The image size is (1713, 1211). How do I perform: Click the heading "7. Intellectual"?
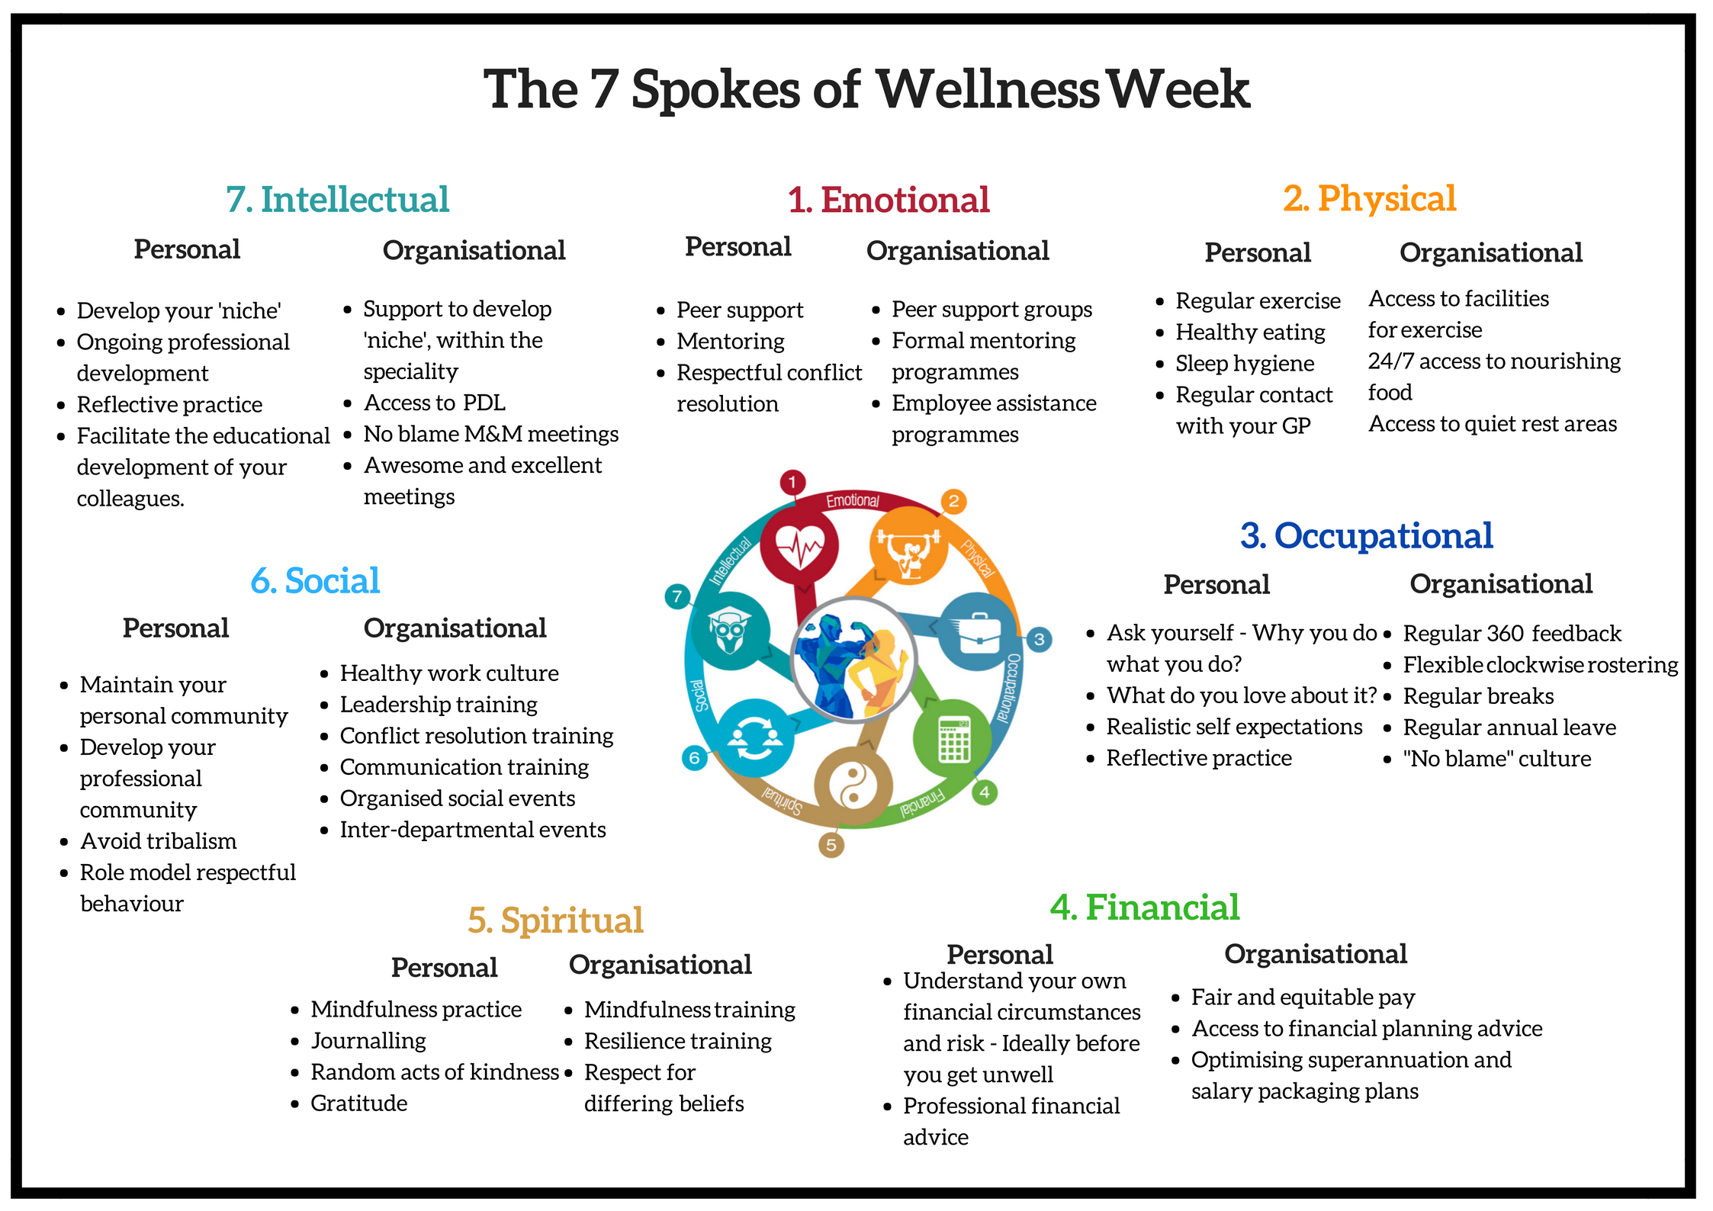[337, 200]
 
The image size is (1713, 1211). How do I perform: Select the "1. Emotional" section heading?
[889, 201]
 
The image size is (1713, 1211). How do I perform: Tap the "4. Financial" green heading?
[1145, 907]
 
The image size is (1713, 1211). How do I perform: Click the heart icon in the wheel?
[799, 546]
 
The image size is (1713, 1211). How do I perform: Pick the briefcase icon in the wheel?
[979, 631]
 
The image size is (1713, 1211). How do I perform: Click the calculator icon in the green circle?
[953, 738]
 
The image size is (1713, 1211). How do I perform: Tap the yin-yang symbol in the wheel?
[853, 785]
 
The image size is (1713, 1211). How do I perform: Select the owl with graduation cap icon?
[729, 630]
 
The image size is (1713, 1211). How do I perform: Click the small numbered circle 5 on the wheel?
[831, 844]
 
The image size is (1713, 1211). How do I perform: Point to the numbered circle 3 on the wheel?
[1039, 639]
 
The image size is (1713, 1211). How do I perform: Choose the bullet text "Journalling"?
[368, 1041]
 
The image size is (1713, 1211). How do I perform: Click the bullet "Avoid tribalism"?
[159, 841]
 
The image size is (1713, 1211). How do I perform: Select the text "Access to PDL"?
[434, 403]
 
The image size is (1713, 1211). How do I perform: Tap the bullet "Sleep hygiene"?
[1245, 364]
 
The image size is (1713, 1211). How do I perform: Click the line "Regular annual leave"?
[1509, 728]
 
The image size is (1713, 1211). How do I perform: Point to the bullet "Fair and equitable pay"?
[1303, 997]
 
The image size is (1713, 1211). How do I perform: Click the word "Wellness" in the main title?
[987, 90]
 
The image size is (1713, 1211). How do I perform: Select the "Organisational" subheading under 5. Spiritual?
[660, 965]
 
